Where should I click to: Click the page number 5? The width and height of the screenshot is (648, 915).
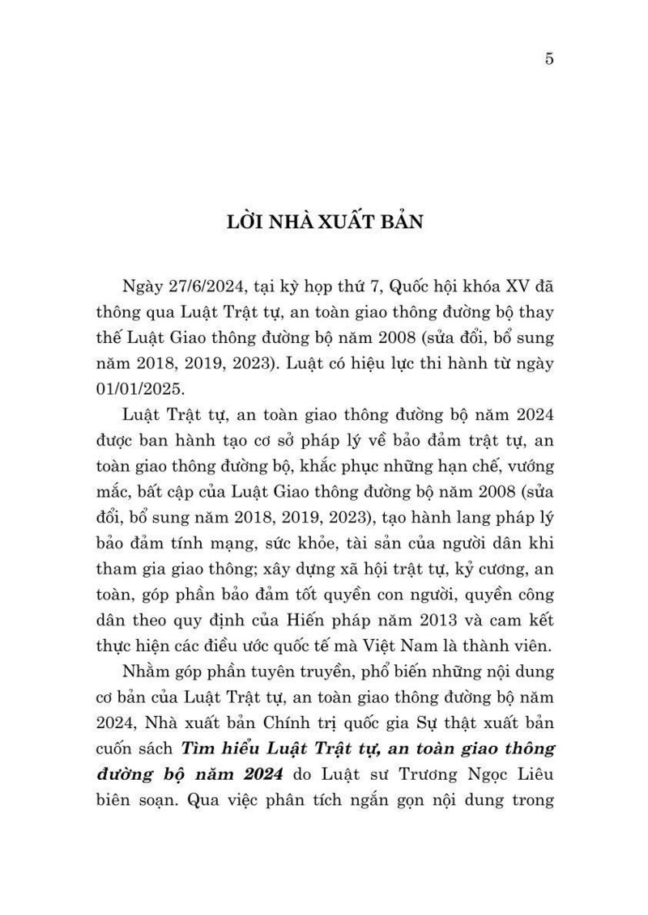coord(549,59)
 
